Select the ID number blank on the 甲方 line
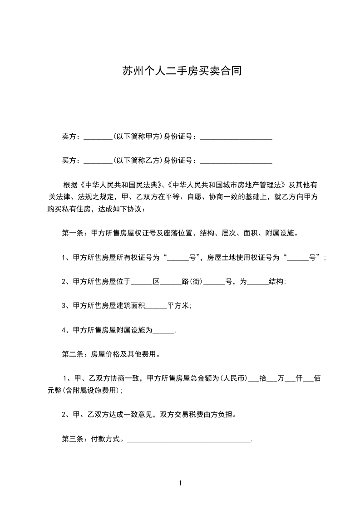(236, 136)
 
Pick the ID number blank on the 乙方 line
(236, 161)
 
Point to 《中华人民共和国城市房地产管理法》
(226, 185)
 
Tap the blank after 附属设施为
(163, 331)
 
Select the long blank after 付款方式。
(189, 440)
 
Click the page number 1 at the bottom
(180, 483)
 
